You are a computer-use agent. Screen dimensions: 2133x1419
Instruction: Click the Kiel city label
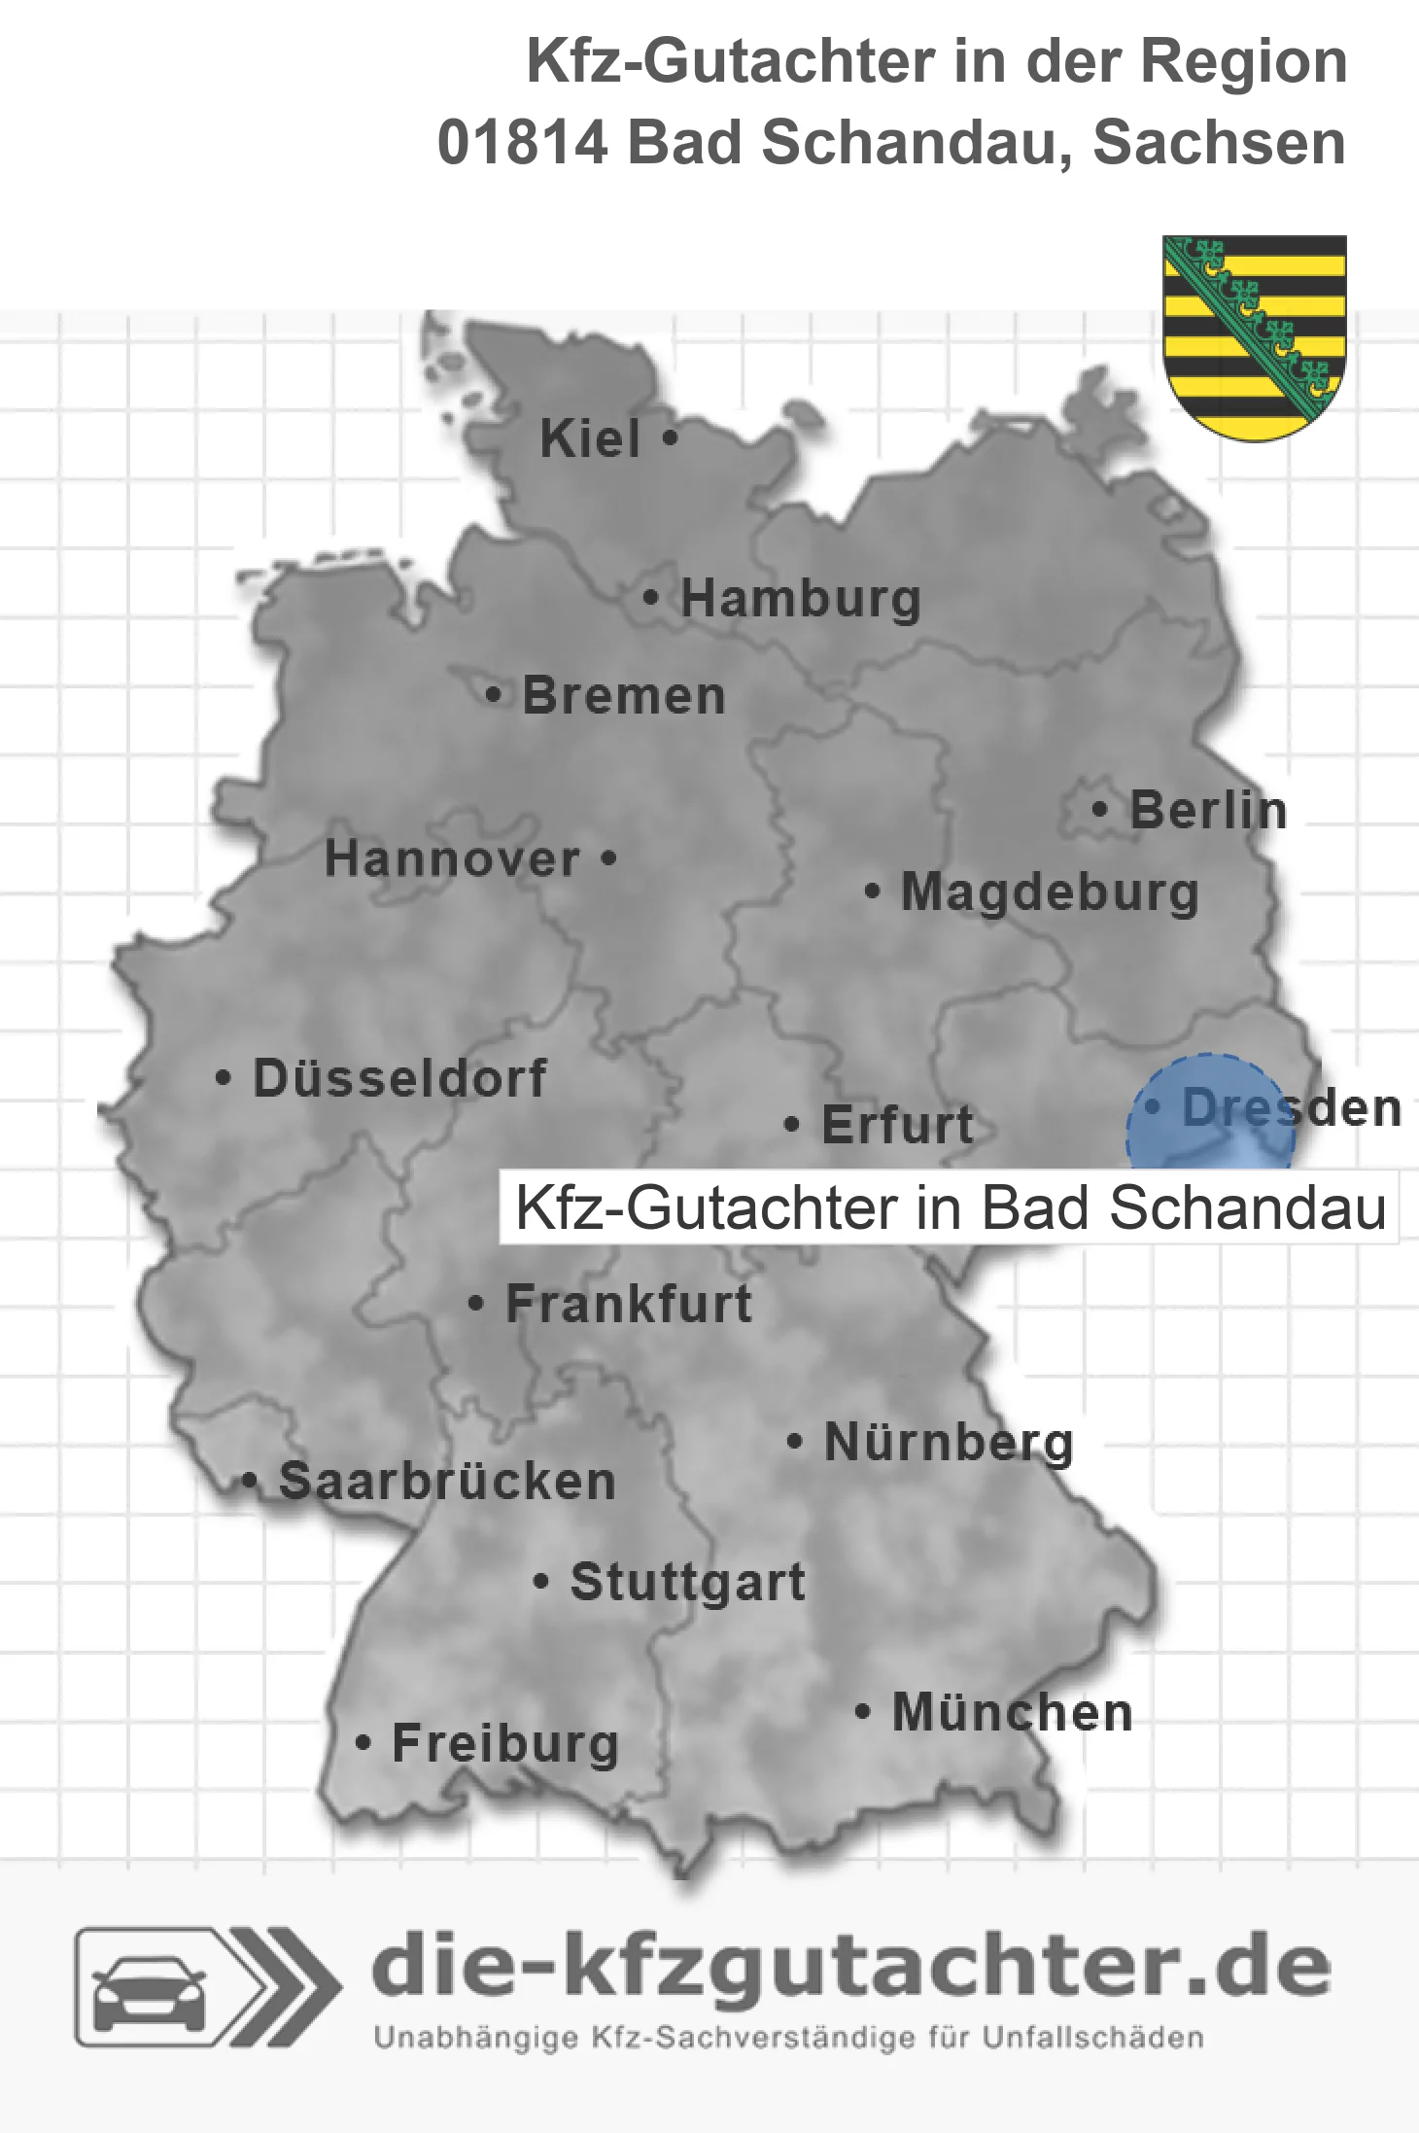point(590,438)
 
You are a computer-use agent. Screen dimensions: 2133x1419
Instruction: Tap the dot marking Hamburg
point(650,598)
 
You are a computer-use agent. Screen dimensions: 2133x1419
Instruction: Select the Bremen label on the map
point(624,696)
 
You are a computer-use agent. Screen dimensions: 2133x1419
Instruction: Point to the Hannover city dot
point(608,858)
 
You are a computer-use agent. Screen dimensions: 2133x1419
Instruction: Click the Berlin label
point(1208,810)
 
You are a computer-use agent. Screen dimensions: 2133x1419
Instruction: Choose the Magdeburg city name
point(1050,892)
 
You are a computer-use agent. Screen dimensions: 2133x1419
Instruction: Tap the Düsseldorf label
point(399,1078)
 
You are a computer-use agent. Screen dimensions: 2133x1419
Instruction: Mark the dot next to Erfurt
point(792,1125)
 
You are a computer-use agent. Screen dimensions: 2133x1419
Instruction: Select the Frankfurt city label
point(629,1304)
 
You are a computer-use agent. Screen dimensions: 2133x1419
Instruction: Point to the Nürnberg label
point(949,1442)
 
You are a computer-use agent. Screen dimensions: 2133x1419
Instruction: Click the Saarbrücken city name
point(447,1482)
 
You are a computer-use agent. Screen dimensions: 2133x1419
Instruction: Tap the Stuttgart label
point(687,1582)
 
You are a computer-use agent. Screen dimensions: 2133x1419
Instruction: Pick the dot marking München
point(862,1711)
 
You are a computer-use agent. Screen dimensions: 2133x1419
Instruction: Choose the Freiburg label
point(505,1743)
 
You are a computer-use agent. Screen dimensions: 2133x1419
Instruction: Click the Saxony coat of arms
point(1254,336)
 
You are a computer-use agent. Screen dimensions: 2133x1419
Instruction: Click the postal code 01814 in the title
point(522,143)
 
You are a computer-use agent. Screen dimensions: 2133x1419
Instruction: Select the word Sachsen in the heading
point(1219,143)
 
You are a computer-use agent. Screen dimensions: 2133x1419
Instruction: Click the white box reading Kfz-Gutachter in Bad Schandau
point(949,1207)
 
